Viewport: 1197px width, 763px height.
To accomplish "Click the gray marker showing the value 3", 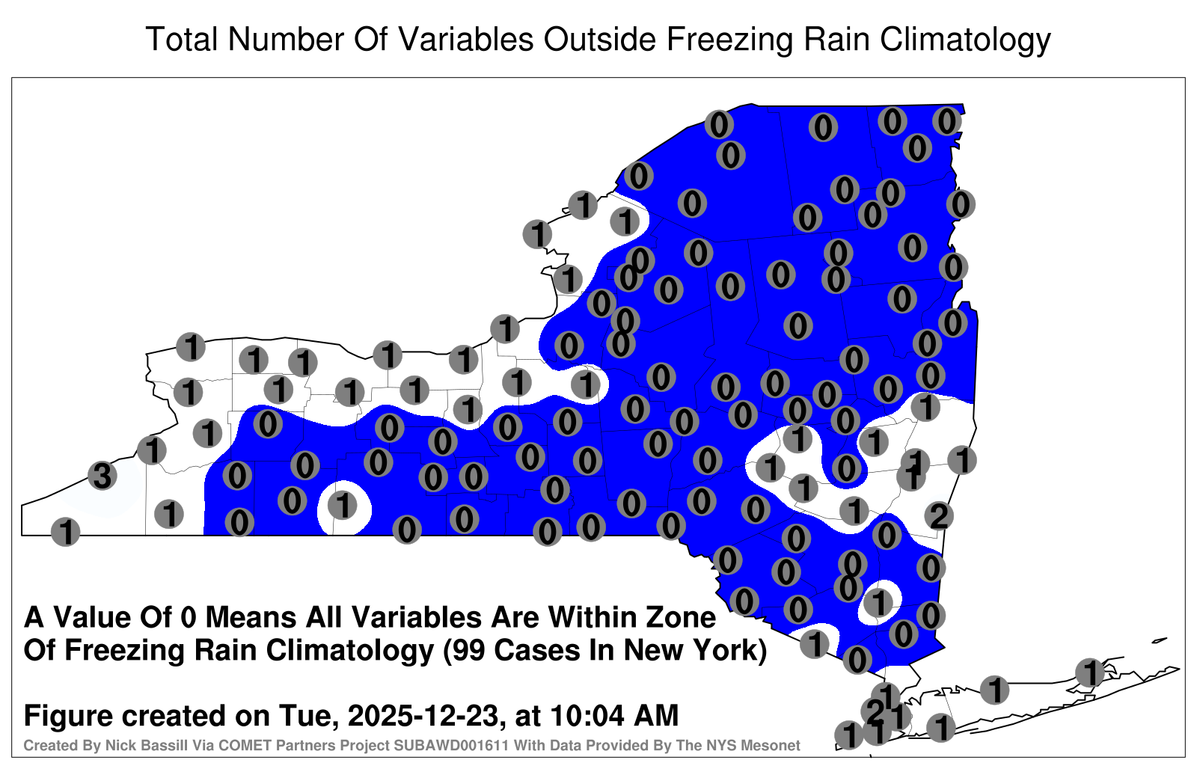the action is pos(102,475).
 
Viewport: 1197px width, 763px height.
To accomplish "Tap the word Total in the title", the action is pos(181,39).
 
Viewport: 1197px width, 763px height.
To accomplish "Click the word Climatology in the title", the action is pos(965,40).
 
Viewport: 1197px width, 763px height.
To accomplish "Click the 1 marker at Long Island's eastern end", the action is pos(1089,672).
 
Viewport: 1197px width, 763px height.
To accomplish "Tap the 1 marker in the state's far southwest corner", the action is pos(65,532).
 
